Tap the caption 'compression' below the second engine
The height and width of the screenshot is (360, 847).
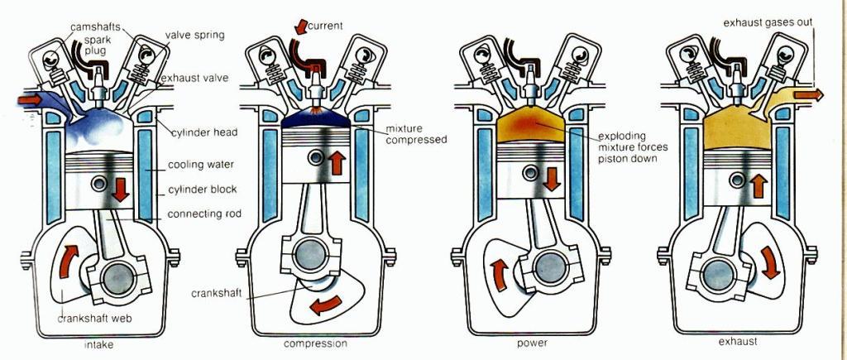coord(315,343)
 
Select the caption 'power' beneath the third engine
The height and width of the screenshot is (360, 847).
coord(530,343)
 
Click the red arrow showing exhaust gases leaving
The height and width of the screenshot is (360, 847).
coord(807,95)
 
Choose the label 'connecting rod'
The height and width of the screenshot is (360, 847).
coord(203,214)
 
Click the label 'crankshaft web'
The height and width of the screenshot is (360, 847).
coord(95,318)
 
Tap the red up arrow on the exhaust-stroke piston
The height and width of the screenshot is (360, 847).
coord(756,185)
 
